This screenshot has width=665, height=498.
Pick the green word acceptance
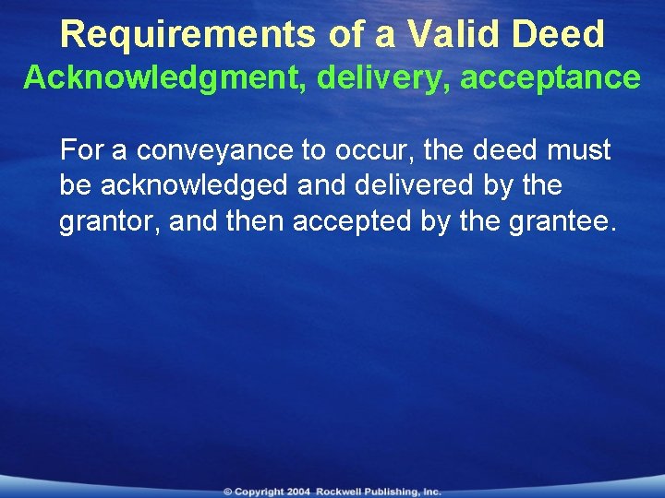(x=550, y=78)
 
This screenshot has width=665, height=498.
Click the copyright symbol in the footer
(x=227, y=492)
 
